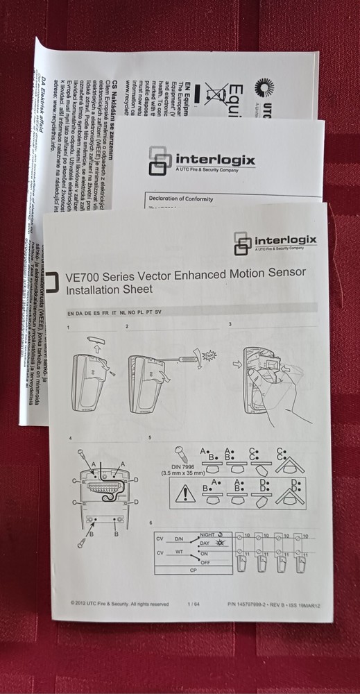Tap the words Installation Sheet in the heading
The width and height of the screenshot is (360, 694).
(108, 289)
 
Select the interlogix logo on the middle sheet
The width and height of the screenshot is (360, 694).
(202, 160)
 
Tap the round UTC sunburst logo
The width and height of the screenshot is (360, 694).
(264, 88)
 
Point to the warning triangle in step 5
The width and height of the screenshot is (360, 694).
(187, 493)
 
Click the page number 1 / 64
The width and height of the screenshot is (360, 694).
(194, 604)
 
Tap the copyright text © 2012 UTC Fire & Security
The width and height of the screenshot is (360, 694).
(119, 603)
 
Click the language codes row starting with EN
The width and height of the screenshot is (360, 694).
(114, 312)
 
